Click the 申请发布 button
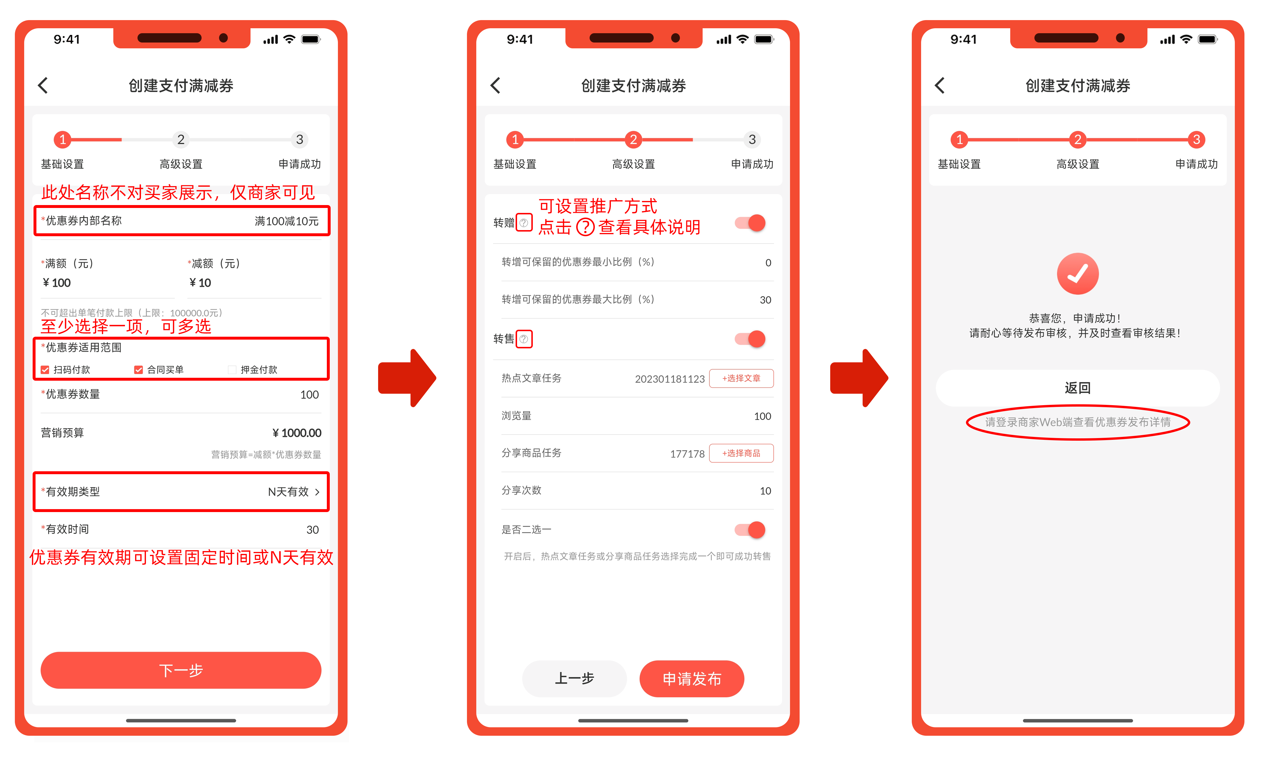pos(692,678)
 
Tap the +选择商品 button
pos(741,453)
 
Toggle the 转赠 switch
pos(750,223)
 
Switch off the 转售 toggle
pos(750,339)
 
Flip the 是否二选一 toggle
pos(750,530)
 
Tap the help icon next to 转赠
pos(524,223)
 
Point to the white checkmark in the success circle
pos(1078,274)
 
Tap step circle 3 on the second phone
pos(752,139)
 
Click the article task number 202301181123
pos(670,379)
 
